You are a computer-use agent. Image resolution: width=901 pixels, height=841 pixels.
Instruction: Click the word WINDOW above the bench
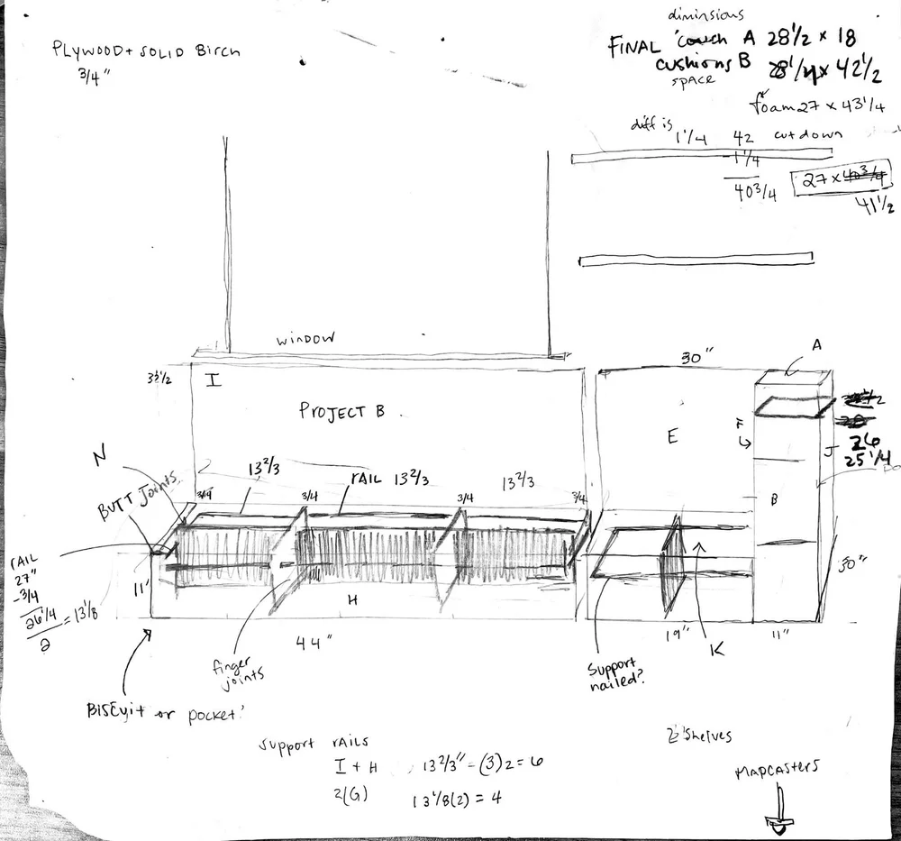(x=305, y=339)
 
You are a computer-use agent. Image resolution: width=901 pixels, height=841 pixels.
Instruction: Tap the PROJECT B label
(x=341, y=411)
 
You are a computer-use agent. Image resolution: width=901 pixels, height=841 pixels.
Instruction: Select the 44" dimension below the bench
(x=316, y=641)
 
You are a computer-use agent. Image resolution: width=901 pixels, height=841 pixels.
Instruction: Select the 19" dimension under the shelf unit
(x=675, y=634)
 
